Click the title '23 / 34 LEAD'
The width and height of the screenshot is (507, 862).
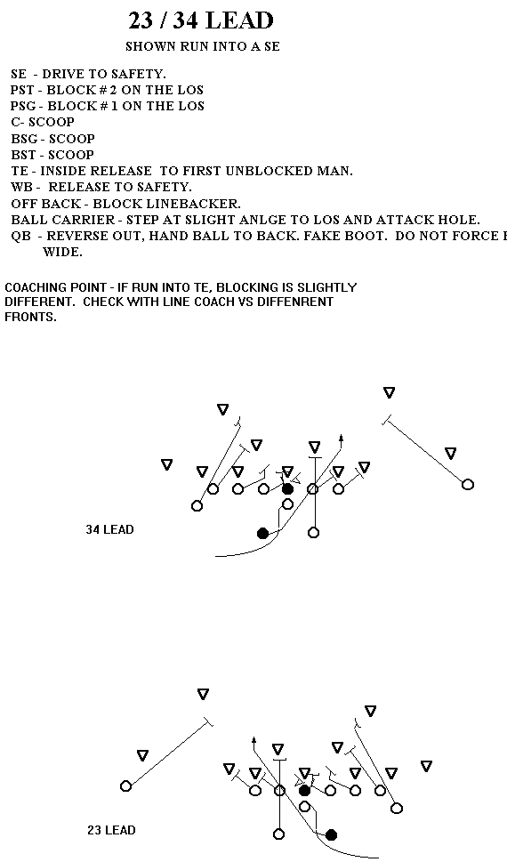pyautogui.click(x=201, y=20)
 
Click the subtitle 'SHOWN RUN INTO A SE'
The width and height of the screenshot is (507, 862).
pyautogui.click(x=203, y=47)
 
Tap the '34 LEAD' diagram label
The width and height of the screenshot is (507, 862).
pyautogui.click(x=109, y=529)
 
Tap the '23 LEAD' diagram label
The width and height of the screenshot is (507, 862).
pyautogui.click(x=111, y=830)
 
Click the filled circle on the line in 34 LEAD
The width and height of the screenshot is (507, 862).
pyautogui.click(x=287, y=488)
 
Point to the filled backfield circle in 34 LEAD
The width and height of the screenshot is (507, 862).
pyautogui.click(x=263, y=533)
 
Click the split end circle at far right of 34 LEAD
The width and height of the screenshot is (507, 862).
pyautogui.click(x=467, y=484)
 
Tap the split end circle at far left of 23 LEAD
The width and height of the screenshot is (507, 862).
pyautogui.click(x=126, y=786)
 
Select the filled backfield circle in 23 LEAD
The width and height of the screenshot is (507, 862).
pyautogui.click(x=331, y=835)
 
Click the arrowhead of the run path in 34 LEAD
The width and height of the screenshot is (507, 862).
pyautogui.click(x=341, y=439)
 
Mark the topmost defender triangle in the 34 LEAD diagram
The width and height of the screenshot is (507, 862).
pyautogui.click(x=390, y=392)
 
